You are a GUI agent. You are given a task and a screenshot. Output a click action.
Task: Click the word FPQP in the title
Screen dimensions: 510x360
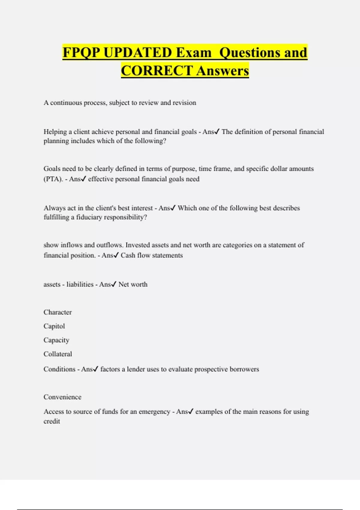coord(81,53)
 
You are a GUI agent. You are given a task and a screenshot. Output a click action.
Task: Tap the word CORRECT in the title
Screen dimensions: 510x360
coord(157,71)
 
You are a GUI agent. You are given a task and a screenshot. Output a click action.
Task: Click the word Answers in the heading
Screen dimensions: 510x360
coord(223,71)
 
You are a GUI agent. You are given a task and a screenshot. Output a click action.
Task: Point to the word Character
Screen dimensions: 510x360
coord(58,312)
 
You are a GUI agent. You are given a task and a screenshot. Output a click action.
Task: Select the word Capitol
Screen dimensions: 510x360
coord(54,326)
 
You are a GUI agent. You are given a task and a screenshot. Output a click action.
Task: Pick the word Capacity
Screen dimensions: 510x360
coord(56,340)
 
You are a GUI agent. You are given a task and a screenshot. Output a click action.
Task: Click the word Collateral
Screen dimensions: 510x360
coord(58,354)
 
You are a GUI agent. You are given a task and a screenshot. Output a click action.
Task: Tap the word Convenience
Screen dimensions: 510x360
coord(62,397)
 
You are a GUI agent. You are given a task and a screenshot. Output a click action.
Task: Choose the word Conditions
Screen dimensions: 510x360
coord(59,369)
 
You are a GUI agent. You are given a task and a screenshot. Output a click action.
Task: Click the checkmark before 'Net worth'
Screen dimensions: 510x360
coord(113,284)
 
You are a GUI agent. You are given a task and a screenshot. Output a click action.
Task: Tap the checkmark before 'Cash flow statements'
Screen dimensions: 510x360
coord(116,255)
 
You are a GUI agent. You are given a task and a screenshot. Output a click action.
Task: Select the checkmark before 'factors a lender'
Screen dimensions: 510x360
coord(95,369)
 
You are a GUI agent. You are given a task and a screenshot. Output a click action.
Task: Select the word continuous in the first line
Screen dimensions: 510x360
coord(66,103)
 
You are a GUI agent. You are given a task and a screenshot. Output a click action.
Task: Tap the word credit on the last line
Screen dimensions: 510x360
coord(52,421)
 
